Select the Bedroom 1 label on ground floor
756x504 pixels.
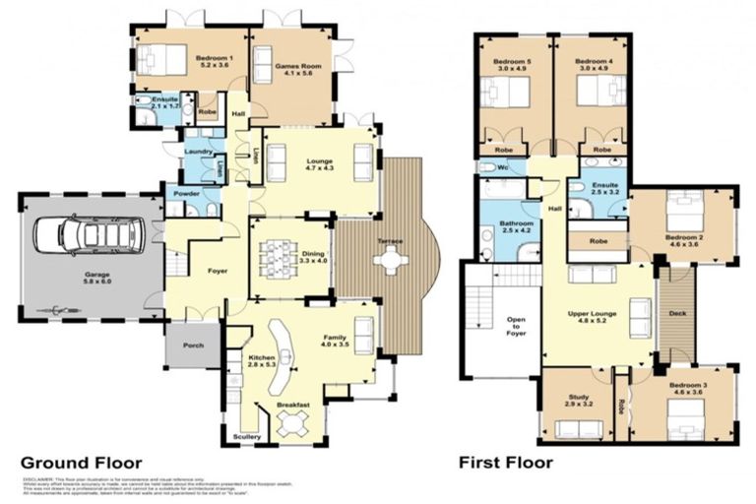216,63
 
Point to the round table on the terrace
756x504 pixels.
392,261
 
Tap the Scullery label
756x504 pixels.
245,436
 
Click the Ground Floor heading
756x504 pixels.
81,462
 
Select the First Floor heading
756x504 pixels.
505,462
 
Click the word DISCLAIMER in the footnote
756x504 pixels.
36,479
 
